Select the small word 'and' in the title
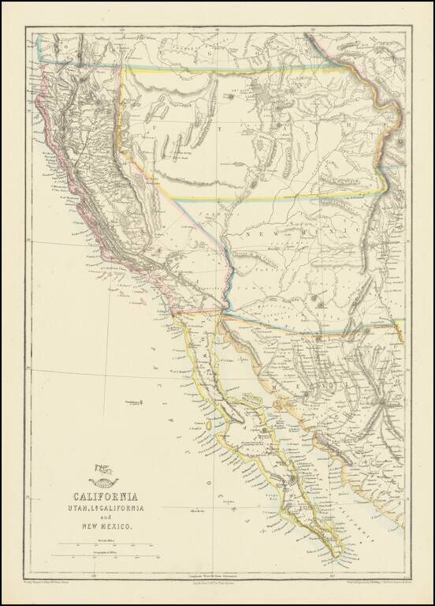pos(105,518)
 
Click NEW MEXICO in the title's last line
pos(105,526)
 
